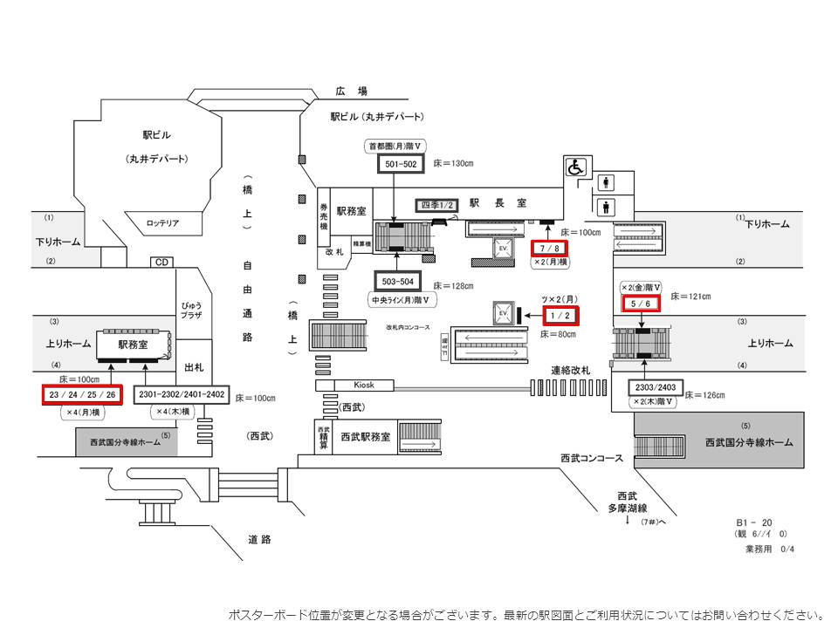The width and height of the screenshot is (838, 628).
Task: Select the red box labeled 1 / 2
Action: pos(560,315)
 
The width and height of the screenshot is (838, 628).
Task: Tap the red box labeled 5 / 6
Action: pos(640,302)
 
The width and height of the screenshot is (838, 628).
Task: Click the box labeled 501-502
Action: pos(396,163)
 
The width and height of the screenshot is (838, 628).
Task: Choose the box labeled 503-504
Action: pos(397,281)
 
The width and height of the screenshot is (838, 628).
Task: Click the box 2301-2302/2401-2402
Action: pos(181,395)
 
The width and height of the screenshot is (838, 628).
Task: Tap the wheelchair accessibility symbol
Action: pos(577,166)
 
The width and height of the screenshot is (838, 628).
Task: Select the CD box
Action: pos(161,262)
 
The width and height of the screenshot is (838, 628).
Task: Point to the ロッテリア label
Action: pos(162,223)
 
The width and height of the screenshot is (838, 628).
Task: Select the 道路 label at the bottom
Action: pos(259,539)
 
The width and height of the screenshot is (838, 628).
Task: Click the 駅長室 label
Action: pos(498,202)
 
